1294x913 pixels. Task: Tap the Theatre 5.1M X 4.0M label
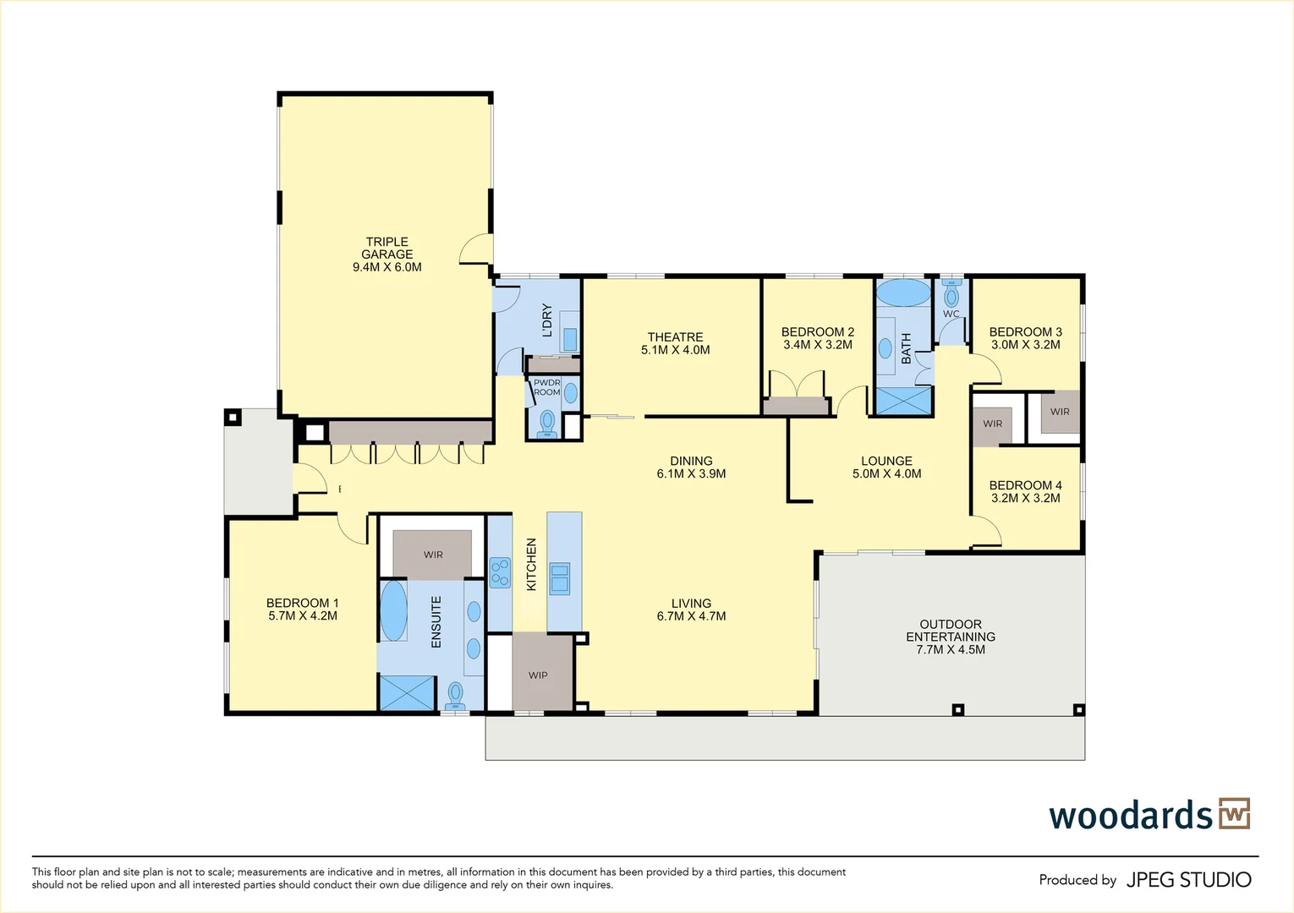click(675, 343)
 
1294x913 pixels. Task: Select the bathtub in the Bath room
click(903, 292)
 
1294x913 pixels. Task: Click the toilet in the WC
click(951, 293)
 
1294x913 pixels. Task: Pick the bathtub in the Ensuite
click(394, 611)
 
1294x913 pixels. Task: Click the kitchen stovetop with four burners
click(501, 572)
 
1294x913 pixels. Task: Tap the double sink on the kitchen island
click(559, 578)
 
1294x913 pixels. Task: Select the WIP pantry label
click(538, 675)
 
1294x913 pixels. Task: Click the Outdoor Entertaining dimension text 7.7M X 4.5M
click(951, 650)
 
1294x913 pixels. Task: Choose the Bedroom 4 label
click(1025, 491)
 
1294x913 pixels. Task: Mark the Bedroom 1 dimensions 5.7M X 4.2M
click(303, 615)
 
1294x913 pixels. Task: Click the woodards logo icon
click(1235, 813)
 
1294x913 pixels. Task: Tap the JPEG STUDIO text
click(1189, 880)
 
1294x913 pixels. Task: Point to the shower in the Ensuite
click(407, 692)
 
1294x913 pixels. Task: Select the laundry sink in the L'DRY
click(569, 340)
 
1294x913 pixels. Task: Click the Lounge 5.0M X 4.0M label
click(886, 467)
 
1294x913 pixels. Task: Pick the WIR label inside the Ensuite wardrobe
click(433, 555)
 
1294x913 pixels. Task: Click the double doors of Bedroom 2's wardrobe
click(797, 384)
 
